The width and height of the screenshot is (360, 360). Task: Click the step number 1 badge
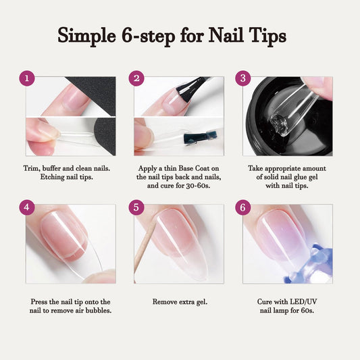(27, 78)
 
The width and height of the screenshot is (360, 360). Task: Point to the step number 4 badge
(27, 207)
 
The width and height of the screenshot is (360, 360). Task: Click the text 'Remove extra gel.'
(180, 301)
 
